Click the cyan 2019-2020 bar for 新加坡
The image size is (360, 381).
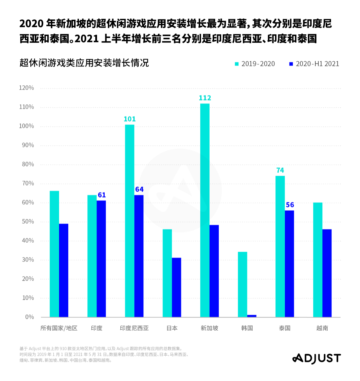pyautogui.click(x=205, y=210)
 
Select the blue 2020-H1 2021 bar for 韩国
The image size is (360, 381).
pyautogui.click(x=252, y=316)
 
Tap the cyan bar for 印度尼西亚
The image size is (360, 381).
pyautogui.click(x=130, y=221)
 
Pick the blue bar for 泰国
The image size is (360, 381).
pyautogui.click(x=289, y=264)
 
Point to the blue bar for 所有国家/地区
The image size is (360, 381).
pyautogui.click(x=64, y=270)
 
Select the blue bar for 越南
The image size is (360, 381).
pyautogui.click(x=327, y=273)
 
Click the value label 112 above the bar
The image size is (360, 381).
pyautogui.click(x=205, y=98)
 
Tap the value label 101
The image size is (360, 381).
pyautogui.click(x=130, y=119)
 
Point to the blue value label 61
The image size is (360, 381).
pyautogui.click(x=102, y=195)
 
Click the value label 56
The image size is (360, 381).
pyautogui.click(x=290, y=205)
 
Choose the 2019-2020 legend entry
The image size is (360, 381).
pyautogui.click(x=255, y=64)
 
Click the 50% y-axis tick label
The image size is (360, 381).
pyautogui.click(x=27, y=222)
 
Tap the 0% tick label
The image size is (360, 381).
pyautogui.click(x=29, y=317)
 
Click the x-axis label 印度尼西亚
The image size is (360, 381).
pyautogui.click(x=134, y=328)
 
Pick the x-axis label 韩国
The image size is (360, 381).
pyautogui.click(x=247, y=328)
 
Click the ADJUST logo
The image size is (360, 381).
pyautogui.click(x=317, y=359)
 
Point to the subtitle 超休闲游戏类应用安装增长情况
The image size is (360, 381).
pyautogui.click(x=84, y=63)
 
